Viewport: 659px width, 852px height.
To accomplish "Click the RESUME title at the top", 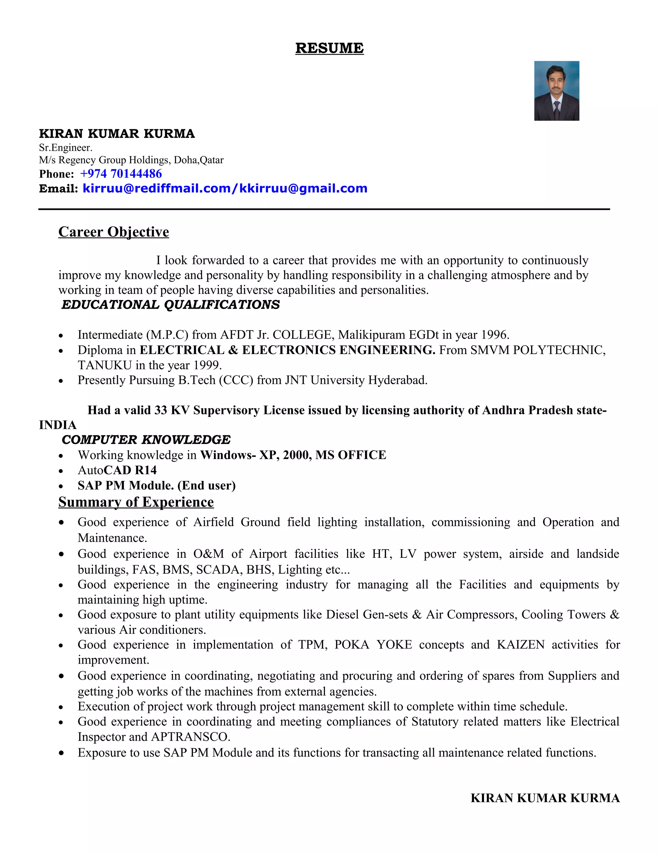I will [329, 48].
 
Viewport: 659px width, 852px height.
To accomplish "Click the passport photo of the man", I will [556, 91].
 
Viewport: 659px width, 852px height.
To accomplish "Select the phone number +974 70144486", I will [121, 174].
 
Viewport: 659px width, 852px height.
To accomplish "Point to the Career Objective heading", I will [114, 232].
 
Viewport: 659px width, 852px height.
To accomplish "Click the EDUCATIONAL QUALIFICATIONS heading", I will [171, 305].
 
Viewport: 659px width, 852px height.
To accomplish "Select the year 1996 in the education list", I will [494, 335].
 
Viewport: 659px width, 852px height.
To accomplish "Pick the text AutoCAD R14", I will [117, 470].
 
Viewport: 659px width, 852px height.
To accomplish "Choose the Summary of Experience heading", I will [136, 502].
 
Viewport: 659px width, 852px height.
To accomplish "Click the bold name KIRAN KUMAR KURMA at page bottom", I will [545, 798].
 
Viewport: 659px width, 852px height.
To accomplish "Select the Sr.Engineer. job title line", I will [66, 148].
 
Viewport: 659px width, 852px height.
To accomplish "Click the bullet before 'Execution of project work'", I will [61, 707].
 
